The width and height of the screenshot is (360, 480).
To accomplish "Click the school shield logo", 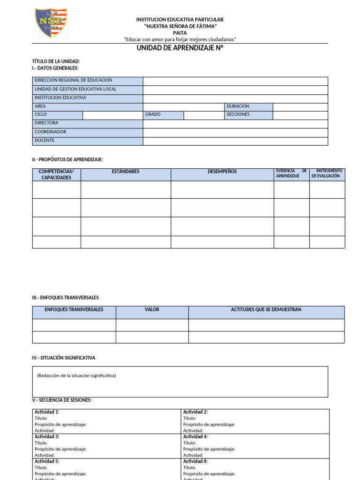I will click(51, 23).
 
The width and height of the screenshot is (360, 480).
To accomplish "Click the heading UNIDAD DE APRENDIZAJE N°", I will click(180, 48).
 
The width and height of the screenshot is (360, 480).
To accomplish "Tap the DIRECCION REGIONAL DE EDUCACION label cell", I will click(88, 81).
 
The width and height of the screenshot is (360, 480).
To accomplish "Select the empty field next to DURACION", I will click(300, 107).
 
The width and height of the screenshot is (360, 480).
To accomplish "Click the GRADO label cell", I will click(163, 115).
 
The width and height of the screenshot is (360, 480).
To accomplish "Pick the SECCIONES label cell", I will click(248, 115).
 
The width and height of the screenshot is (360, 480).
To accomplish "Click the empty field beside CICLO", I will click(112, 115).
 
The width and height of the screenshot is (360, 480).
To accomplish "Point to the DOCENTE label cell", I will click(88, 141).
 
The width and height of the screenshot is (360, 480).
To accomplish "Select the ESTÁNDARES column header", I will click(126, 172).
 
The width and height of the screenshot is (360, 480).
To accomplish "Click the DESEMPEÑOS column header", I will click(222, 172).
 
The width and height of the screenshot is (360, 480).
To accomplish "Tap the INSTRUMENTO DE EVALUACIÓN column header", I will click(327, 173).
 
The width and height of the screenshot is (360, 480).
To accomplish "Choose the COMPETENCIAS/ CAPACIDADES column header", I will click(56, 174).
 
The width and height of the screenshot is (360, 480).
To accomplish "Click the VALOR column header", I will click(152, 310).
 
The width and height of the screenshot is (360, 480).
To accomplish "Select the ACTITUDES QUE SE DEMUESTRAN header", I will click(266, 310).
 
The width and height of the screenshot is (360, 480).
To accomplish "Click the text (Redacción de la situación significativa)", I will click(76, 376).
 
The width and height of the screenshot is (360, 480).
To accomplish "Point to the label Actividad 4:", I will click(195, 436).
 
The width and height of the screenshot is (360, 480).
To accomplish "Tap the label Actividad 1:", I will click(47, 412).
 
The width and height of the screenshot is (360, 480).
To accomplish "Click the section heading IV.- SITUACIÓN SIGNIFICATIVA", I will click(64, 358).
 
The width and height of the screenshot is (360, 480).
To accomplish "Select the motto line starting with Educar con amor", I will click(180, 39).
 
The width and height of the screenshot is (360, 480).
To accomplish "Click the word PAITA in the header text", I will click(180, 33).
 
